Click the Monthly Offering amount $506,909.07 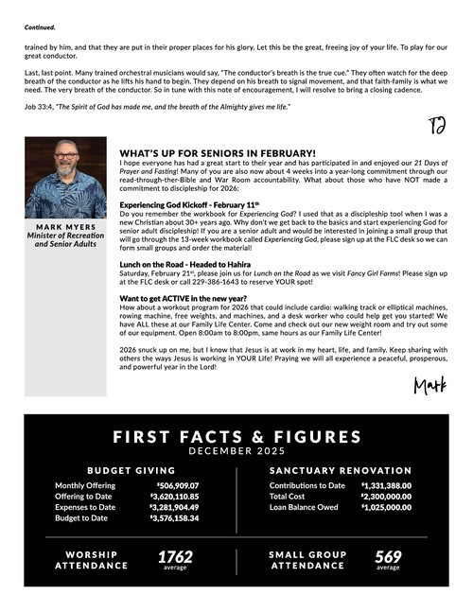pyautogui.click(x=174, y=486)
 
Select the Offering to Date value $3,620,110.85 pyautogui.click(x=174, y=497)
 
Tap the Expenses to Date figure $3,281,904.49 pyautogui.click(x=174, y=507)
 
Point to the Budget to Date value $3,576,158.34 pyautogui.click(x=174, y=517)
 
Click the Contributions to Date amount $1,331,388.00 pyautogui.click(x=386, y=486)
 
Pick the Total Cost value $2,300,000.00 pyautogui.click(x=386, y=497)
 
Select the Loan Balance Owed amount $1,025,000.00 pyautogui.click(x=386, y=507)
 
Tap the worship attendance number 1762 pyautogui.click(x=175, y=556)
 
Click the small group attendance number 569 pyautogui.click(x=388, y=556)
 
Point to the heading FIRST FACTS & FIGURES pyautogui.click(x=236, y=437)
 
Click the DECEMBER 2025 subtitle pyautogui.click(x=236, y=451)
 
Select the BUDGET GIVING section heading pyautogui.click(x=131, y=470)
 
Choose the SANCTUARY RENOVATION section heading pyautogui.click(x=341, y=470)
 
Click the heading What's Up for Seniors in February pyautogui.click(x=218, y=152)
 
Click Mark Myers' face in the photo pyautogui.click(x=65, y=170)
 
